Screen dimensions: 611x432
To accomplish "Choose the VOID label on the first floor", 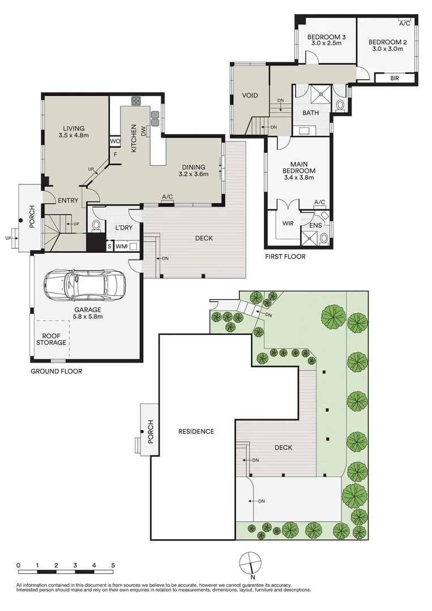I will [250, 96].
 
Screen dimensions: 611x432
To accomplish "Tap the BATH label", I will [310, 113].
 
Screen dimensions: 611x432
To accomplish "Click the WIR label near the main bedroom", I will [288, 223].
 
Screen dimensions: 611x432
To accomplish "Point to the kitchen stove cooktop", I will [136, 102].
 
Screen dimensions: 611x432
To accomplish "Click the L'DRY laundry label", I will [123, 227].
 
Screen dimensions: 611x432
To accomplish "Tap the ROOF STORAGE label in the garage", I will [52, 339].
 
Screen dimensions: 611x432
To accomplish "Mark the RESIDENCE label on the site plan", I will [196, 432].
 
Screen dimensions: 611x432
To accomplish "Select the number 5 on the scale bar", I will [113, 565].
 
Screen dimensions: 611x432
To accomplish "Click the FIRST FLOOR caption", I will [285, 257].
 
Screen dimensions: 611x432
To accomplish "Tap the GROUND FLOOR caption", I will [57, 372].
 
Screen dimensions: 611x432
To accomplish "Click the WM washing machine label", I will [121, 247].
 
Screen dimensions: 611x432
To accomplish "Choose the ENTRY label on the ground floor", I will [68, 200].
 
